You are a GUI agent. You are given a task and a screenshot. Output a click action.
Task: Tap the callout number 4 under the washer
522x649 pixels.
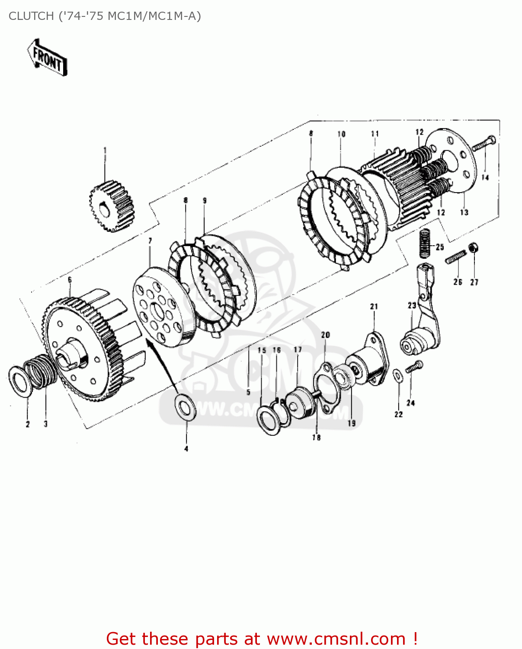(x=186, y=449)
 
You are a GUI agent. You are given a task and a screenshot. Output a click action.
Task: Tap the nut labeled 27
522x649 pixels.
(x=474, y=248)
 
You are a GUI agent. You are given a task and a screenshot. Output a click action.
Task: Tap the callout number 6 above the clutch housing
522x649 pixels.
(x=70, y=280)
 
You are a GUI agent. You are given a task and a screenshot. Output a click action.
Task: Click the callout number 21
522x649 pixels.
(x=374, y=306)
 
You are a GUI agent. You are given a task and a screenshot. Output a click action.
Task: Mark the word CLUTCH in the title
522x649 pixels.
(x=31, y=16)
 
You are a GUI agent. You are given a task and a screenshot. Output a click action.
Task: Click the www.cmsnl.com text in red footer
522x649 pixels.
(x=336, y=639)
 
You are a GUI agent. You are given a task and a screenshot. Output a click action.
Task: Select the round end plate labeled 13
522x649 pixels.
(x=454, y=160)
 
